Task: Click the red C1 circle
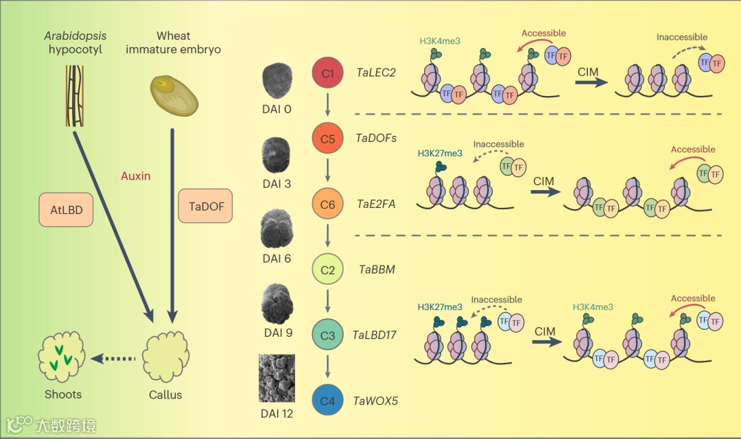click(x=328, y=73)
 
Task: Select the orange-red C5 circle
click(x=328, y=138)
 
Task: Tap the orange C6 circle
click(x=328, y=204)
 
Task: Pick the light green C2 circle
click(x=328, y=270)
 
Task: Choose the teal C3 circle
click(x=328, y=335)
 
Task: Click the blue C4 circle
click(x=328, y=401)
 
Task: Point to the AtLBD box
click(x=67, y=210)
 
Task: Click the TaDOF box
click(x=205, y=206)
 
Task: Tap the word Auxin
click(x=135, y=176)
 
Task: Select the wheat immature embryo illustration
click(x=174, y=95)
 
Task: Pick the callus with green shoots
click(x=62, y=357)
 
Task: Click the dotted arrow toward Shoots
click(x=115, y=357)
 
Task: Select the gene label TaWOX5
click(x=375, y=401)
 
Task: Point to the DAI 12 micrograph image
click(x=277, y=378)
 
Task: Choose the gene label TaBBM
click(x=377, y=270)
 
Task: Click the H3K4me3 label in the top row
click(x=440, y=41)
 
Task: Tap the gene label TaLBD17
click(x=375, y=335)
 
